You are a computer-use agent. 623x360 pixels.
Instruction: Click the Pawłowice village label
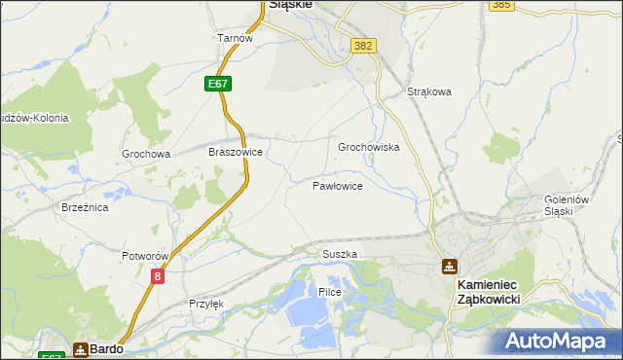coord(338,185)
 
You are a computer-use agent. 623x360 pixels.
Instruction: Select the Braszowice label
coord(236,153)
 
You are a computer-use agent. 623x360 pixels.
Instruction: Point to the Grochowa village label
coord(146,154)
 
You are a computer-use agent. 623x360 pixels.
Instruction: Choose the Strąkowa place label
coord(430,92)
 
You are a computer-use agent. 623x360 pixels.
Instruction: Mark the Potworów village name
coord(146,256)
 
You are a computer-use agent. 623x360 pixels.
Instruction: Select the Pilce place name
coord(329,292)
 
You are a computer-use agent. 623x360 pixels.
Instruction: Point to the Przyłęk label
coord(206,304)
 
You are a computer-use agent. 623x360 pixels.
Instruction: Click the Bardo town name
coord(106,348)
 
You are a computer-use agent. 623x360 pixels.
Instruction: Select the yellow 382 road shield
coord(364,46)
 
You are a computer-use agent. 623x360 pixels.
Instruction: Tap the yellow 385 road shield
coord(501,5)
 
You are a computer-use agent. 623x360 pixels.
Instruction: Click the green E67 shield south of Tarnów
coord(218,85)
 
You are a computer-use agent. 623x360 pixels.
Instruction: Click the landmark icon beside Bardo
coord(81,348)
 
